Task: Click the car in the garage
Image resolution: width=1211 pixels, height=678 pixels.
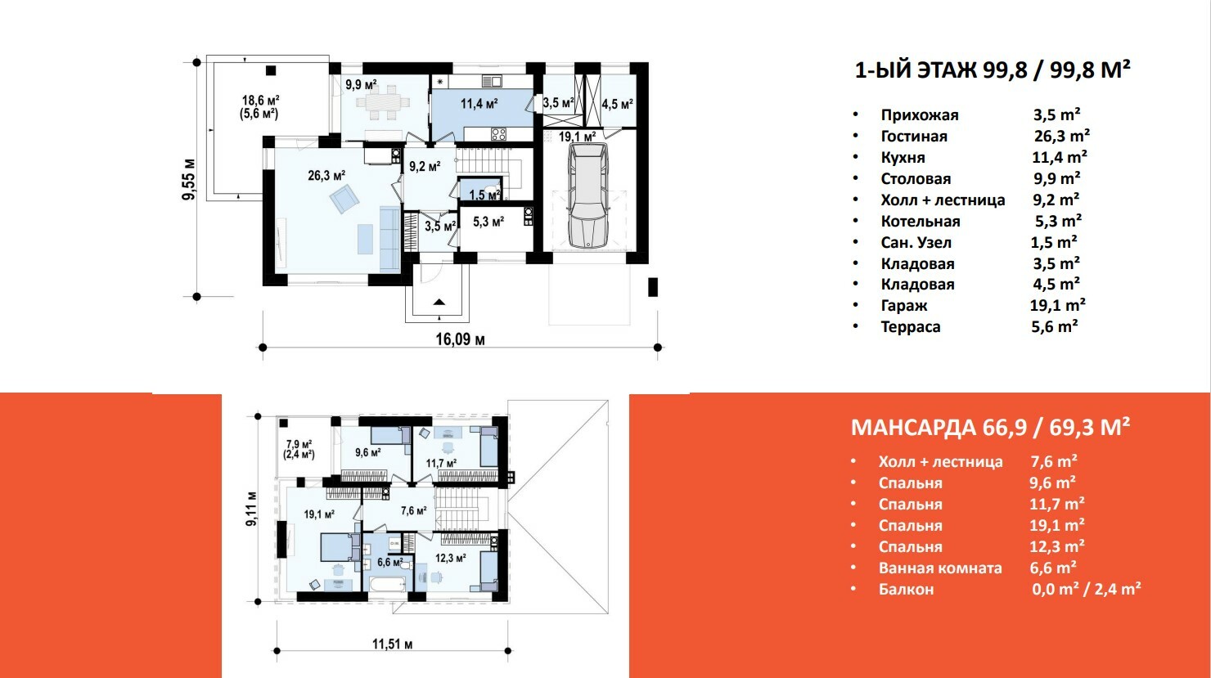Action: (x=589, y=195)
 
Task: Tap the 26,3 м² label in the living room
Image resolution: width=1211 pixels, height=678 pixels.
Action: (x=326, y=176)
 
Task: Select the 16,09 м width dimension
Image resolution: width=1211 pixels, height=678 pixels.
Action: (x=460, y=339)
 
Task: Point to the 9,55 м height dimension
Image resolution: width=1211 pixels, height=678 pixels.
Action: (x=189, y=180)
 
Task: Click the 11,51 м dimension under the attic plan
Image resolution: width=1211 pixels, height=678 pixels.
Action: (x=392, y=644)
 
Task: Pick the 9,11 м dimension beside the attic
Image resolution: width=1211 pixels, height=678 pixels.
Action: (x=251, y=509)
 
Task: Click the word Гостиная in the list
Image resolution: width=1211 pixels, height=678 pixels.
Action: (x=914, y=136)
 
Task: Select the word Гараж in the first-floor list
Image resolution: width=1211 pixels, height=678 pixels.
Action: (x=904, y=306)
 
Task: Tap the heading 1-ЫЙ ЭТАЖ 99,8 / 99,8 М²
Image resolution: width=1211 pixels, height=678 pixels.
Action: (x=992, y=70)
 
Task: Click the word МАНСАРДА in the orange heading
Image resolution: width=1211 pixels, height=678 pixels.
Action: (x=913, y=428)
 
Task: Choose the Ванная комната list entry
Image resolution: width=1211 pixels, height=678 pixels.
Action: (x=940, y=568)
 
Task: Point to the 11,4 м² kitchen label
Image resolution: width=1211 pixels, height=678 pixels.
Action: (x=479, y=103)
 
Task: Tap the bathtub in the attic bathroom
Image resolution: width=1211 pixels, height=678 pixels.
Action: (x=388, y=584)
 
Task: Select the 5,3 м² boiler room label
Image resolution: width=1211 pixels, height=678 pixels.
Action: (x=488, y=222)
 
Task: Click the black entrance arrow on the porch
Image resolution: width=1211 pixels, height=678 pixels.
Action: (x=439, y=303)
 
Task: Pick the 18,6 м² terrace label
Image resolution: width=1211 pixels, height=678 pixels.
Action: (x=260, y=101)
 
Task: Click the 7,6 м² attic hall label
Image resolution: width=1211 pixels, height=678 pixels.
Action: (x=413, y=510)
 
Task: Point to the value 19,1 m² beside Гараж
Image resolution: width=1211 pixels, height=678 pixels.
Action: (x=1057, y=305)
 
